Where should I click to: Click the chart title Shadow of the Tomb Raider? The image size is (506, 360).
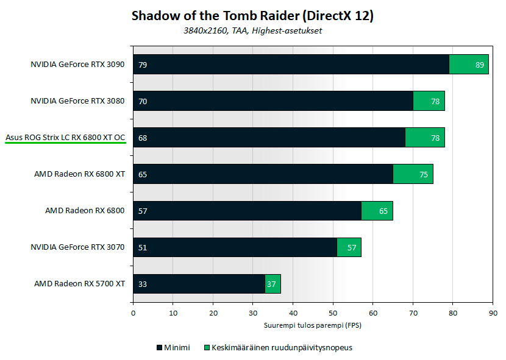[252, 16]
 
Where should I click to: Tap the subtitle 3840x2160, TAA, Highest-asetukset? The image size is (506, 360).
[252, 31]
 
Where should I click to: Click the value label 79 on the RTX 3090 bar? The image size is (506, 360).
[143, 65]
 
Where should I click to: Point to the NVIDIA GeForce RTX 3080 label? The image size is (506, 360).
[77, 101]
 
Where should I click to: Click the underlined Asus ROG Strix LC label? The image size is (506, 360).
[65, 138]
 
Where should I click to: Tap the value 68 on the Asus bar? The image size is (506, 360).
[143, 138]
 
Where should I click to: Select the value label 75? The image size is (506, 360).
[424, 174]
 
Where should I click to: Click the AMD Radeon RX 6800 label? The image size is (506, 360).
[85, 211]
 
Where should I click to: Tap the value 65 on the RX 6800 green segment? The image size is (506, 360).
[383, 211]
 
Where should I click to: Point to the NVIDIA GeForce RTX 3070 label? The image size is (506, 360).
[77, 247]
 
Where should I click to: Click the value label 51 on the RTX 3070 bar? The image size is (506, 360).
[143, 247]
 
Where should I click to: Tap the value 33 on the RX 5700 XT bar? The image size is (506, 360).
[143, 284]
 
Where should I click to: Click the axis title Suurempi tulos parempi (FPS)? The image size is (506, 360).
[313, 325]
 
